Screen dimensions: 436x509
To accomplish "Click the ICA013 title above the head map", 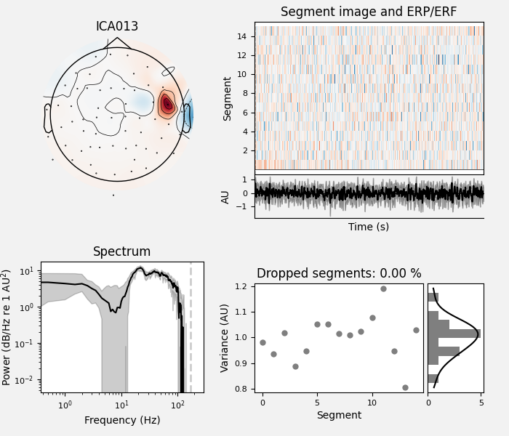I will point(117,27).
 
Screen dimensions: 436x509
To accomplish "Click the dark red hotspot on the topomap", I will point(167,104).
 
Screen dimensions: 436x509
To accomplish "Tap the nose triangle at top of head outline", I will point(117,43).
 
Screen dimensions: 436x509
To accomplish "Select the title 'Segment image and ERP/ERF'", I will point(369,12).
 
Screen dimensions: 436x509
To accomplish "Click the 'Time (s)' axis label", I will point(369,227).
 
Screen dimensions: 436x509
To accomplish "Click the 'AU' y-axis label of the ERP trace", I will point(225,196).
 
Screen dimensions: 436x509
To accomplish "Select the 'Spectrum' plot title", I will point(122,252).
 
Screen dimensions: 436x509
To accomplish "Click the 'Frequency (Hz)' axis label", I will point(122,420).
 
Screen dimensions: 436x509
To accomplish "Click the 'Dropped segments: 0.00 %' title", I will point(339,274).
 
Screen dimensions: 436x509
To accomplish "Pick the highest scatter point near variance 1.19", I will point(383,288).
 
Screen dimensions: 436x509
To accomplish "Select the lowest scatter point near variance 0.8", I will point(405,387).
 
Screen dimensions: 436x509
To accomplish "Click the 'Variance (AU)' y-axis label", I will point(225,338).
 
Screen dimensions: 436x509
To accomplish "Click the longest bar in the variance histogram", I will point(454,334).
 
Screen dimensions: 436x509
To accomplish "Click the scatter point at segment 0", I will point(262,342).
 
